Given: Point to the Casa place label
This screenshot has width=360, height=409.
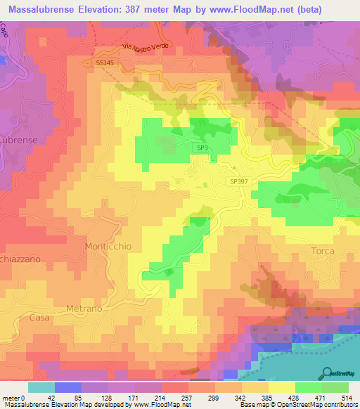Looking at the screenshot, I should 39,318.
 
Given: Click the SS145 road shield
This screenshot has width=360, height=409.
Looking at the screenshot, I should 105,63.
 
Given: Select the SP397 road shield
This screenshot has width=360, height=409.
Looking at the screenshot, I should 239,181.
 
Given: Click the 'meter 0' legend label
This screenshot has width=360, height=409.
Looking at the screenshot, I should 13,397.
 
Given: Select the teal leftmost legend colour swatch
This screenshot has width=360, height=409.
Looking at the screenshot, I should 41,387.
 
